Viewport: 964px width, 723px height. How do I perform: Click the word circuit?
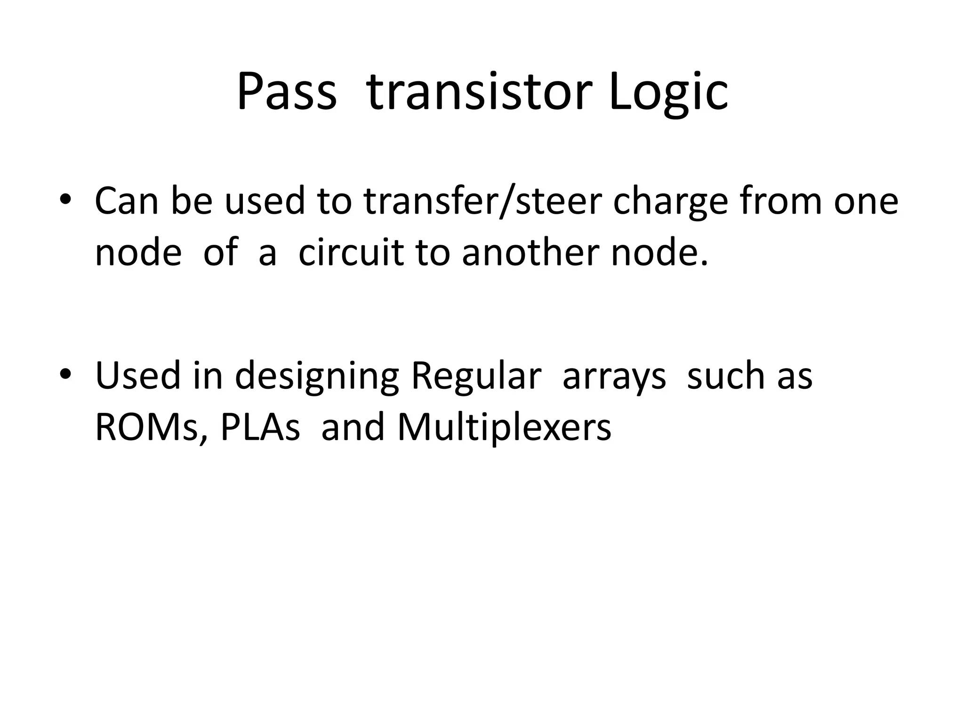pyautogui.click(x=351, y=253)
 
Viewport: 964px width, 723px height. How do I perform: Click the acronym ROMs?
pyautogui.click(x=146, y=427)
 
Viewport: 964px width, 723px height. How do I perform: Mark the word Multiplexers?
pyautogui.click(x=504, y=427)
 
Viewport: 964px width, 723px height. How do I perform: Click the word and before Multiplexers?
pyautogui.click(x=353, y=427)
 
